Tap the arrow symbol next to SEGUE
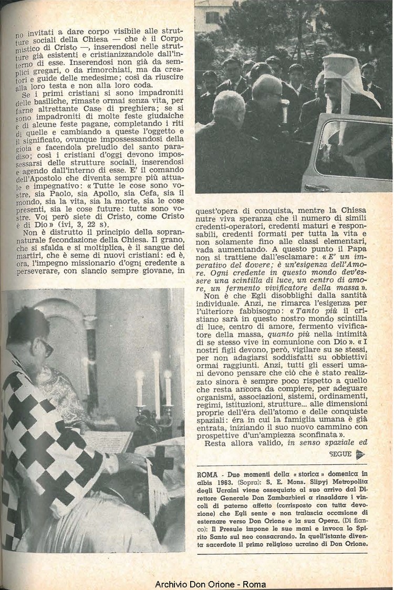point(360,454)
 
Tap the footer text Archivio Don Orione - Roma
point(210,584)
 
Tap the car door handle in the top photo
point(317,187)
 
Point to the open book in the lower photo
point(108,442)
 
